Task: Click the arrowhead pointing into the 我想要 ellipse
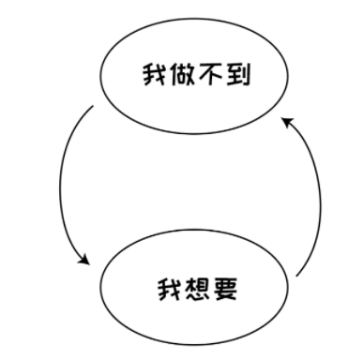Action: tap(85, 259)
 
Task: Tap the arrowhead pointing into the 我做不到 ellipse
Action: tap(288, 123)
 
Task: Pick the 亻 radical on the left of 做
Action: tap(172, 74)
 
